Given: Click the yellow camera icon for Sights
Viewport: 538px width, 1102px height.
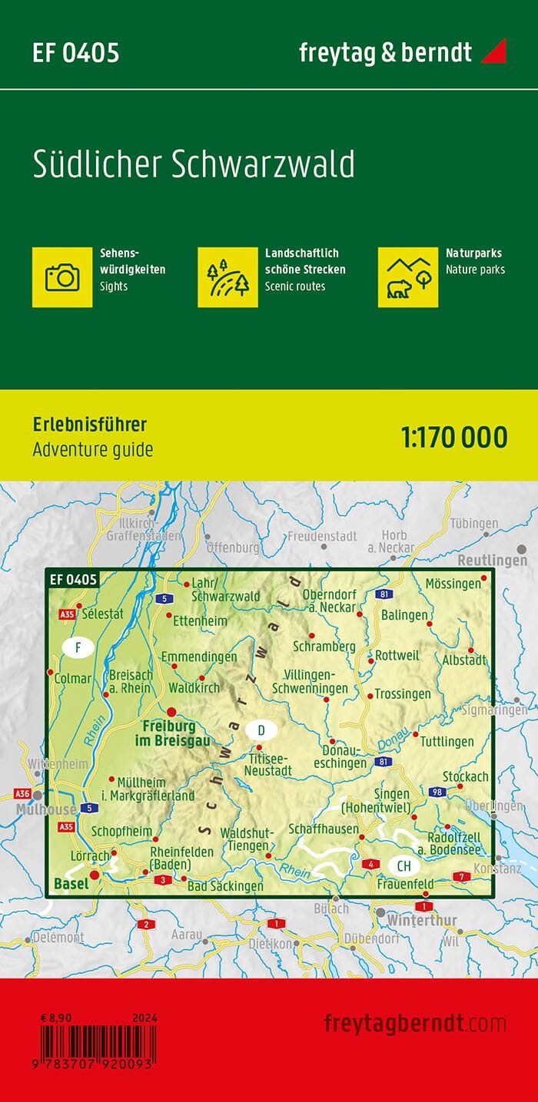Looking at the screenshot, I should [x=62, y=276].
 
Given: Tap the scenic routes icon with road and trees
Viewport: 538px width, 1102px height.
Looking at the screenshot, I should [x=227, y=276].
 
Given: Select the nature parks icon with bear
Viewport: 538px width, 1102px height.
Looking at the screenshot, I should [x=408, y=276].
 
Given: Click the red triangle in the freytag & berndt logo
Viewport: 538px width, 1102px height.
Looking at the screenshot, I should [x=494, y=52].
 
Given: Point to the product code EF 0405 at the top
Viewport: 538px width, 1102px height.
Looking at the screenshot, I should [x=75, y=53].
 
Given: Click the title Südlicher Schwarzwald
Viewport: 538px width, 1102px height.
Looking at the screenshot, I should [x=193, y=165].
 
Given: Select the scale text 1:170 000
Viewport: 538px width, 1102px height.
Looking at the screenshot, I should [x=453, y=437].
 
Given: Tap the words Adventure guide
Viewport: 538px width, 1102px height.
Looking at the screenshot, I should [x=92, y=450].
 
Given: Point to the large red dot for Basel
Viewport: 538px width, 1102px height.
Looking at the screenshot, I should [x=95, y=875].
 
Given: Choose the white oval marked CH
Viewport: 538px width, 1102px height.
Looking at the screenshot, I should [x=403, y=865].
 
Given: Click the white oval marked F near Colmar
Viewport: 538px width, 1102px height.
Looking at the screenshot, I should [x=78, y=648].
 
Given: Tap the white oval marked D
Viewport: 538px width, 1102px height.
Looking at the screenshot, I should [x=261, y=730].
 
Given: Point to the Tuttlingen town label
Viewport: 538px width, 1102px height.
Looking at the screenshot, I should [x=447, y=742].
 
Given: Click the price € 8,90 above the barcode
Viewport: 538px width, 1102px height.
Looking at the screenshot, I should [x=58, y=1018].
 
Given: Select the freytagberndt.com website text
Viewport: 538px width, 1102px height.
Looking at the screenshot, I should [x=415, y=1024].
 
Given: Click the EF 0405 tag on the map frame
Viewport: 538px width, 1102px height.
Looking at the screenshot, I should [x=73, y=579].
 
